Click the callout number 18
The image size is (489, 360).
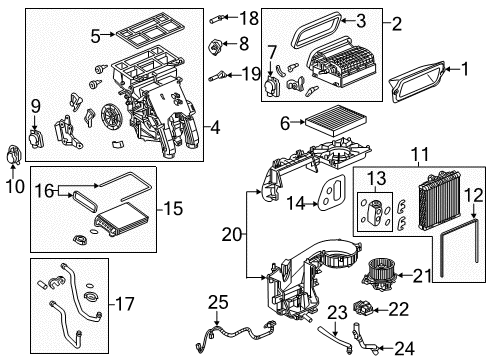point(249,17)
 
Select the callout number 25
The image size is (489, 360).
point(218,302)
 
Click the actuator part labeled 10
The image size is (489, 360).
point(14,155)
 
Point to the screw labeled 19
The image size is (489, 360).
point(218,74)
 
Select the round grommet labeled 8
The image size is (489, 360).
point(214,44)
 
